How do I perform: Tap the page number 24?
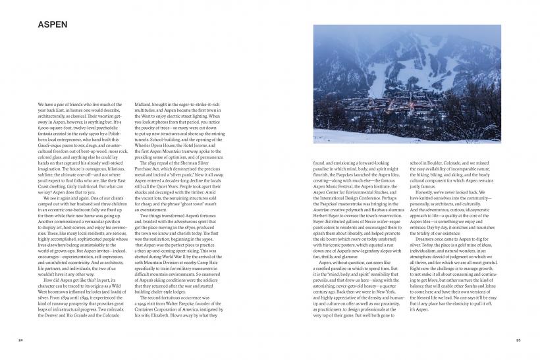pyautogui.click(x=21, y=340)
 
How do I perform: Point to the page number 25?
pyautogui.click(x=518, y=340)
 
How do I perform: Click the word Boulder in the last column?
pyautogui.click(x=434, y=163)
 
